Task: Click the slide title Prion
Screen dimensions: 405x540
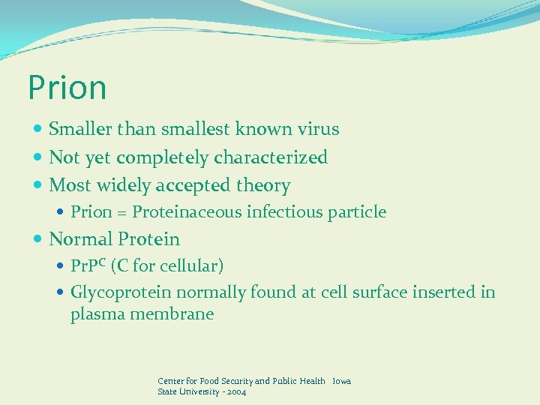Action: click(67, 88)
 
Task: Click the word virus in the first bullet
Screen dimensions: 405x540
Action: click(316, 129)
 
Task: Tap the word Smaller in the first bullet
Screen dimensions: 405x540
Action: click(78, 129)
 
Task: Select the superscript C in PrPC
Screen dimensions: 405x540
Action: click(102, 262)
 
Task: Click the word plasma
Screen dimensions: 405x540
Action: click(97, 314)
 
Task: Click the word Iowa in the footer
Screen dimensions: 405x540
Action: click(341, 381)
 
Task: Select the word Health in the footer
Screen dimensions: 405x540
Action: click(312, 381)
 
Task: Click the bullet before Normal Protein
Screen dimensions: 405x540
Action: click(38, 240)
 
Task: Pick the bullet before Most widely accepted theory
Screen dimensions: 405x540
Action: click(38, 185)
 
